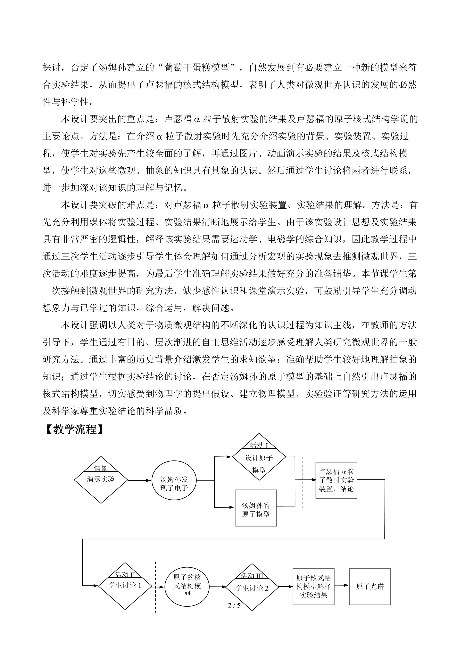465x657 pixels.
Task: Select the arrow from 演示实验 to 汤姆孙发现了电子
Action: [139, 480]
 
